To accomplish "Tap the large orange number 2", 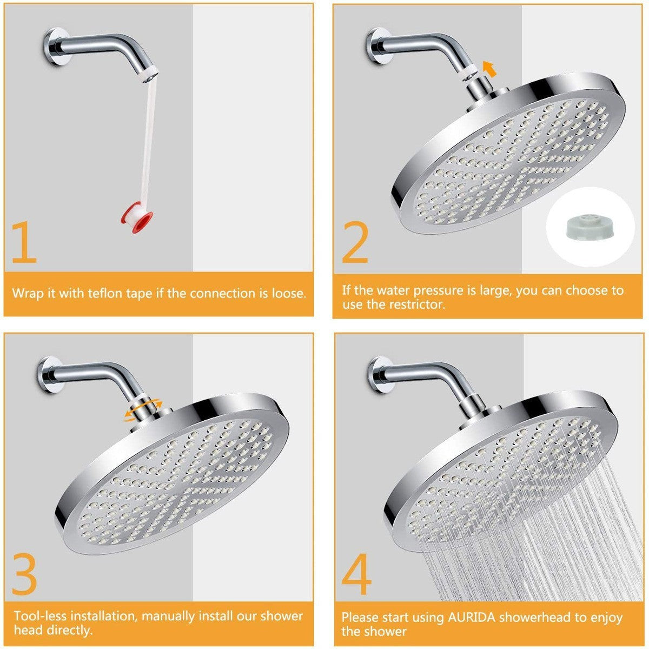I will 355,242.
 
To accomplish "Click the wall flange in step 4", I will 379,374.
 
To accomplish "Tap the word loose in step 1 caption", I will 288,294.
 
